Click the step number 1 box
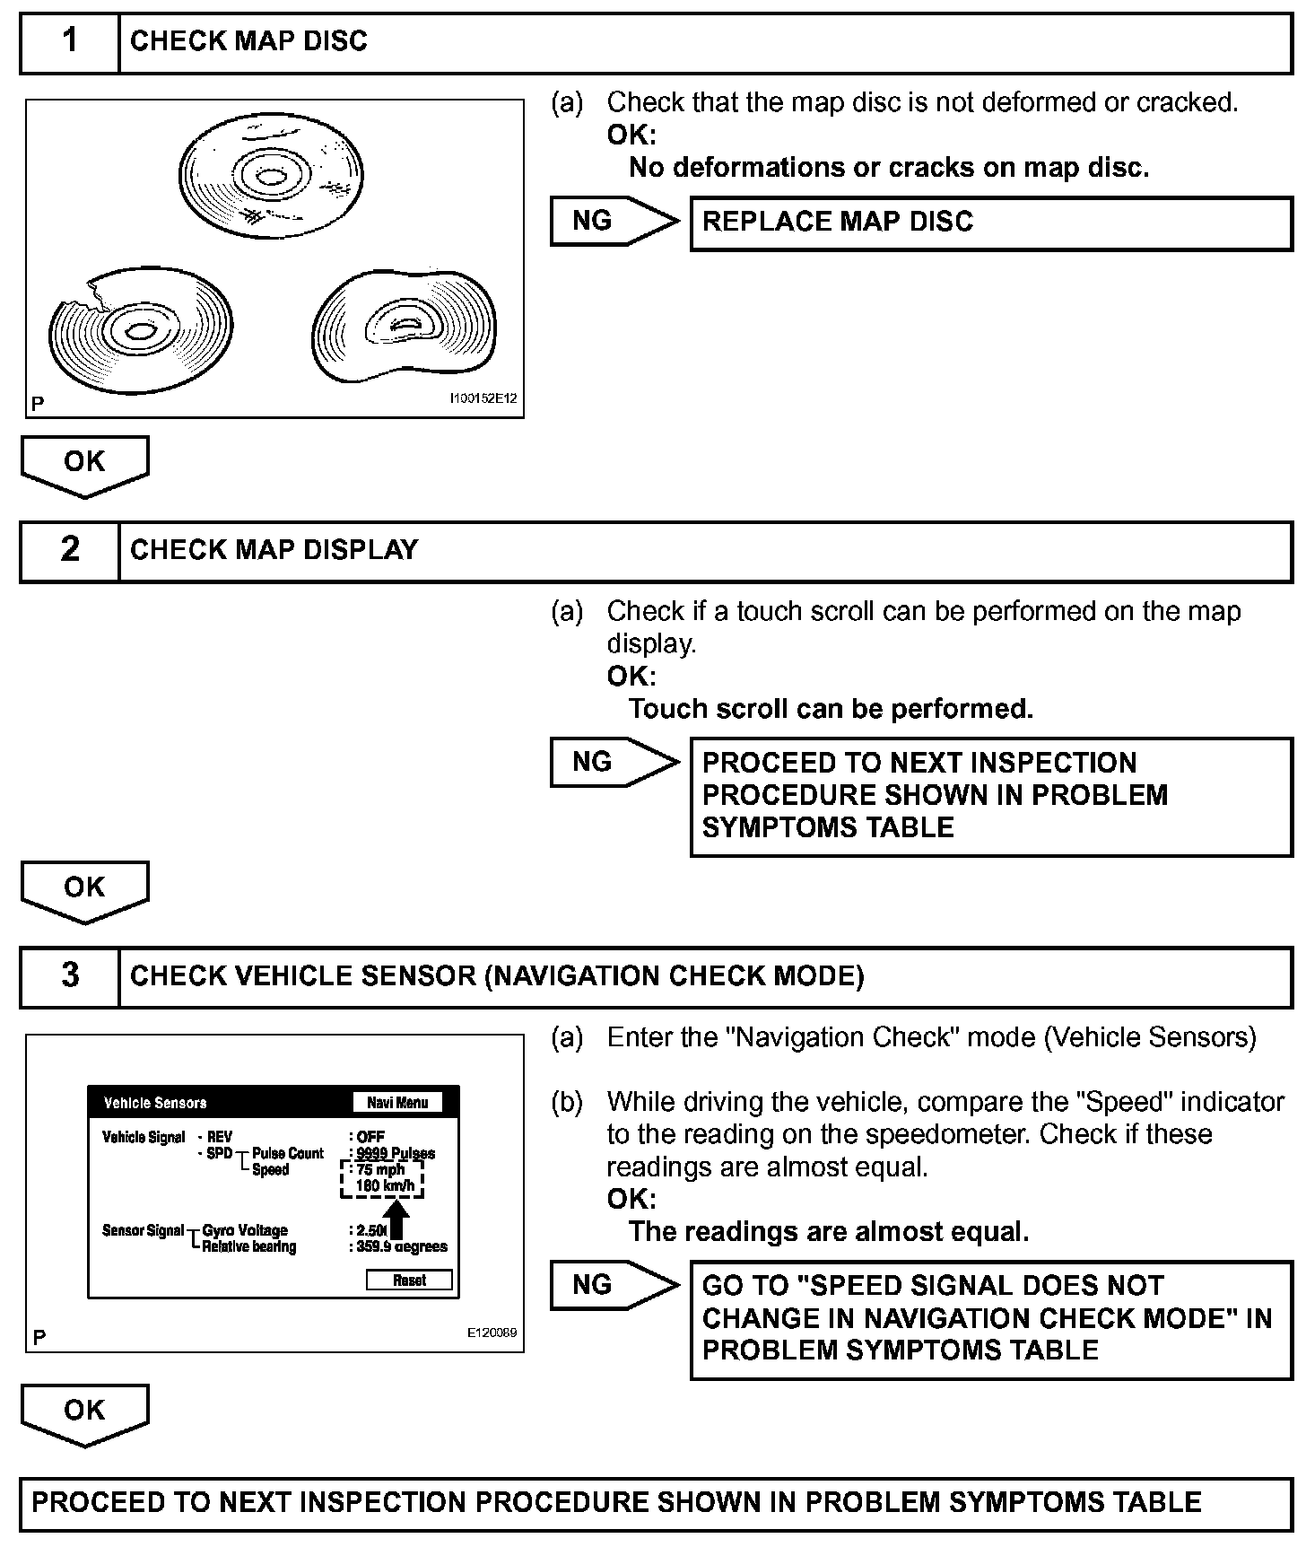click(x=70, y=42)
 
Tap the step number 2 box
click(x=70, y=550)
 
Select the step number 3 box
click(x=70, y=976)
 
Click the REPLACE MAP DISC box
click(x=990, y=223)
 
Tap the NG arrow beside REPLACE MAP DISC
click(x=612, y=222)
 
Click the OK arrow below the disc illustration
click(x=84, y=465)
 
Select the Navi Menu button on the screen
click(x=397, y=1103)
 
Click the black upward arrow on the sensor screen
click(x=400, y=1219)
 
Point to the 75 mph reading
click(x=380, y=1170)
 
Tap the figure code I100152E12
click(x=483, y=398)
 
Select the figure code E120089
click(x=492, y=1333)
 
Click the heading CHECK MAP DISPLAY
click(x=274, y=550)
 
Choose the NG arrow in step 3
click(x=612, y=1285)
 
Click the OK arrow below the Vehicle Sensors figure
click(x=84, y=1412)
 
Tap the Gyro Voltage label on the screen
click(x=245, y=1230)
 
